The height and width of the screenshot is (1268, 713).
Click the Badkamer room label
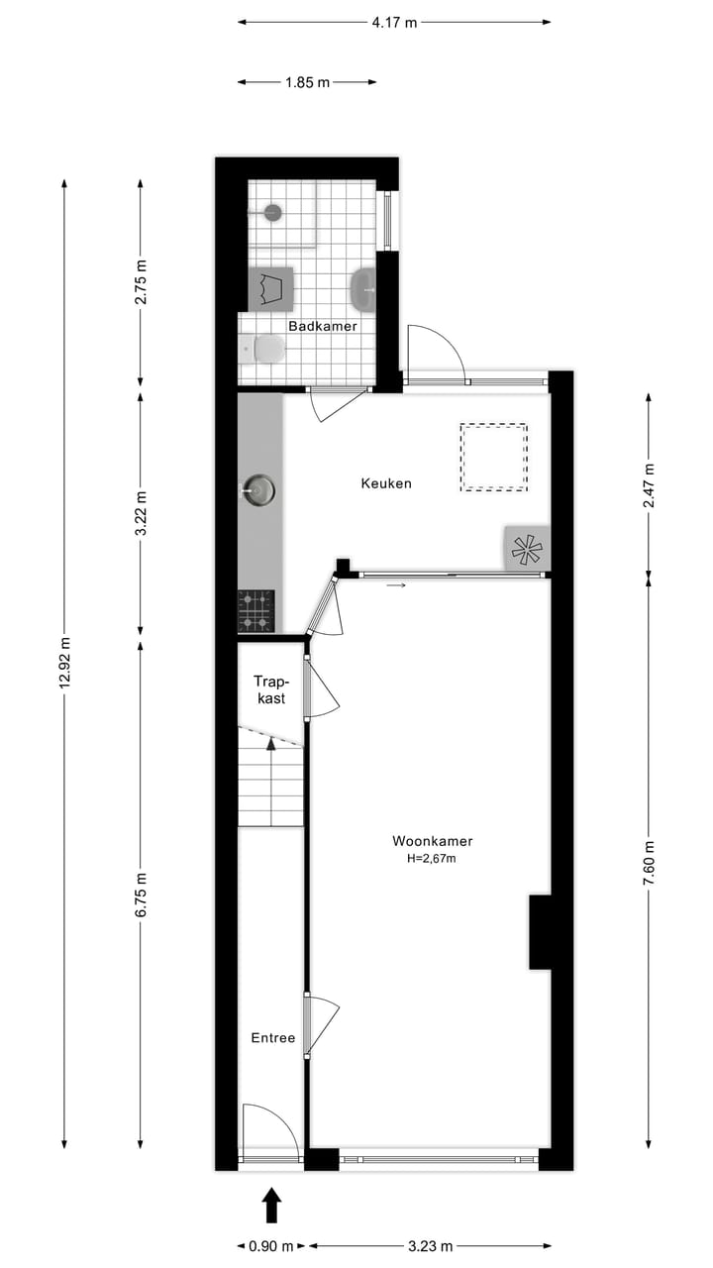click(x=322, y=326)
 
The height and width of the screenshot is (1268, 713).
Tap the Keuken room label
click(x=385, y=483)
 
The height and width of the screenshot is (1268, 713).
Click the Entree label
click(x=272, y=1038)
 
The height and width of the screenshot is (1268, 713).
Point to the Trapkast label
click(x=269, y=689)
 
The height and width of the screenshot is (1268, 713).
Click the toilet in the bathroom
click(x=265, y=350)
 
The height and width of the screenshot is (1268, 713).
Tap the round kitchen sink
click(x=259, y=488)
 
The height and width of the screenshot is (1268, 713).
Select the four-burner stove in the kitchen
click(x=256, y=610)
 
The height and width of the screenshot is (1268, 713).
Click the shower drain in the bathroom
click(x=272, y=212)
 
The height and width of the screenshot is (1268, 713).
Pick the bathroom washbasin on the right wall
click(x=363, y=289)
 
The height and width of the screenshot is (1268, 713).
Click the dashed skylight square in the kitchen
click(x=493, y=457)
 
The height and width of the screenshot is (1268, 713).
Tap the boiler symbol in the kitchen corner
click(x=526, y=547)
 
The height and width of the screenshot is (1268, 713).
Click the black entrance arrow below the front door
click(x=272, y=1206)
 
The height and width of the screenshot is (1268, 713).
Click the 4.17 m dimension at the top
click(x=394, y=22)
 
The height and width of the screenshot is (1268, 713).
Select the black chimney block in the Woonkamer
click(x=540, y=931)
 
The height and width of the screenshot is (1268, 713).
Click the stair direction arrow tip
click(x=271, y=742)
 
